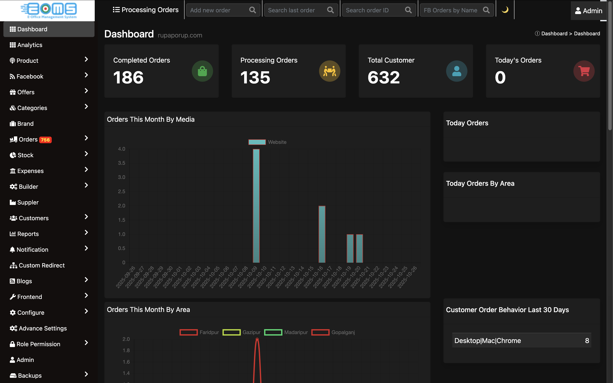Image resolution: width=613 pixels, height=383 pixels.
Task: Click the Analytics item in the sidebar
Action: click(29, 45)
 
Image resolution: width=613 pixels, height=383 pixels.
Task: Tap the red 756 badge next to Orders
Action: click(45, 140)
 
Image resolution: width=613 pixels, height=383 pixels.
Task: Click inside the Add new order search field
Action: click(218, 10)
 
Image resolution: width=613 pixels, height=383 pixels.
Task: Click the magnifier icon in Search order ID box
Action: click(408, 10)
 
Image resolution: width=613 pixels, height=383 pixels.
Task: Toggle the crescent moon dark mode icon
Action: click(505, 10)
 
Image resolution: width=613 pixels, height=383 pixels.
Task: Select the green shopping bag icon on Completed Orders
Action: click(202, 71)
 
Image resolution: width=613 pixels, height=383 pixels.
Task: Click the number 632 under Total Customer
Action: click(384, 77)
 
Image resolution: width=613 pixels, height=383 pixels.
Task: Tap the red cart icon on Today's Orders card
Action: click(584, 71)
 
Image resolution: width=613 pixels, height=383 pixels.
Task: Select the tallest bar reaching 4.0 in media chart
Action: click(256, 206)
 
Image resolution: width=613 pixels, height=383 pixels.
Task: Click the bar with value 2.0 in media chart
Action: click(322, 234)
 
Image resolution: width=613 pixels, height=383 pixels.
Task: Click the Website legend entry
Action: click(268, 142)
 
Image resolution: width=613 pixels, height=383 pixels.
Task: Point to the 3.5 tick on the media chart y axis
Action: click(122, 163)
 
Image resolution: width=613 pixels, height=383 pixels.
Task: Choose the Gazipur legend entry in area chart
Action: click(241, 332)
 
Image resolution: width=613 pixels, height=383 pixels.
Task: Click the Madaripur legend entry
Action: click(286, 332)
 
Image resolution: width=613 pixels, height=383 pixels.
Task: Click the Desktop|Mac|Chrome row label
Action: click(487, 340)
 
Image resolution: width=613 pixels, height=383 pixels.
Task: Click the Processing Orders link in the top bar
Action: click(146, 10)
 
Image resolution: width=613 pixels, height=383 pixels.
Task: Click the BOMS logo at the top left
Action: click(48, 10)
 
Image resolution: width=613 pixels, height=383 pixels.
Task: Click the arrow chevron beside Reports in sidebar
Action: click(86, 233)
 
